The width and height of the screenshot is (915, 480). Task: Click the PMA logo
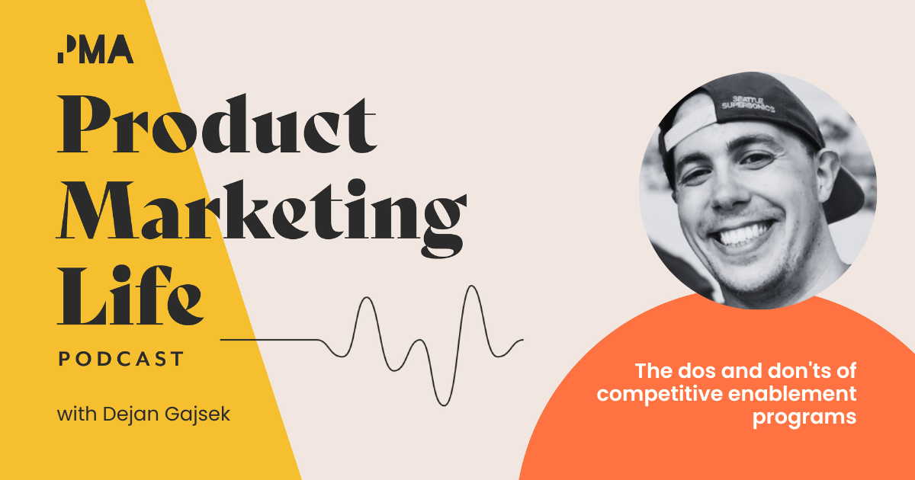click(95, 50)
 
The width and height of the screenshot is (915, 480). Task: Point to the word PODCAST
click(121, 358)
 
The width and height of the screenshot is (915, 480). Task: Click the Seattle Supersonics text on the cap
click(748, 103)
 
